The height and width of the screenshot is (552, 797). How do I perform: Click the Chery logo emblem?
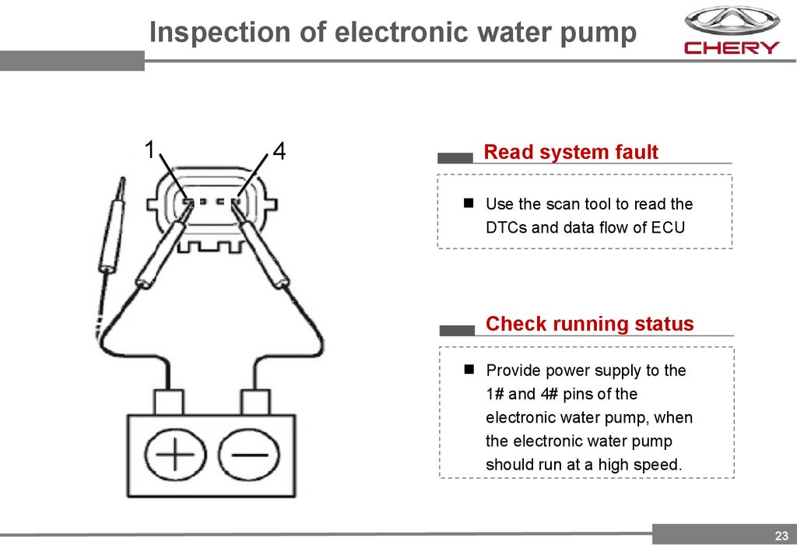point(731,22)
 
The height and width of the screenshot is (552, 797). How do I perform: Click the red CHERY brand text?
point(731,48)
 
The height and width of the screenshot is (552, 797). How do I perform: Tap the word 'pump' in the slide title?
point(599,33)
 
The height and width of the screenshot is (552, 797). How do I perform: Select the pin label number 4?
point(279,151)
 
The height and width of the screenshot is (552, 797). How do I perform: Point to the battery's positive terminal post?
point(169,403)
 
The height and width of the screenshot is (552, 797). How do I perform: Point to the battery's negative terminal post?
point(255,403)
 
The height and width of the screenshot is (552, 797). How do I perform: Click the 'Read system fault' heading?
point(571,153)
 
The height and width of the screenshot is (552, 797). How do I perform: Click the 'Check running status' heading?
point(589,324)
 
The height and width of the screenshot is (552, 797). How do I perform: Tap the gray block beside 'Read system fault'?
point(455,157)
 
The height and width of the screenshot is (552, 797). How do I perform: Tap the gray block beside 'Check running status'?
point(457,329)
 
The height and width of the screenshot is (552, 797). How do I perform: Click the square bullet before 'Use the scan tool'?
point(469,203)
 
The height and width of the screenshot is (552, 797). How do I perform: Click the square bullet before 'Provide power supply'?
point(469,368)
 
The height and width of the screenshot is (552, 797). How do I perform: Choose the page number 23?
point(781,535)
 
